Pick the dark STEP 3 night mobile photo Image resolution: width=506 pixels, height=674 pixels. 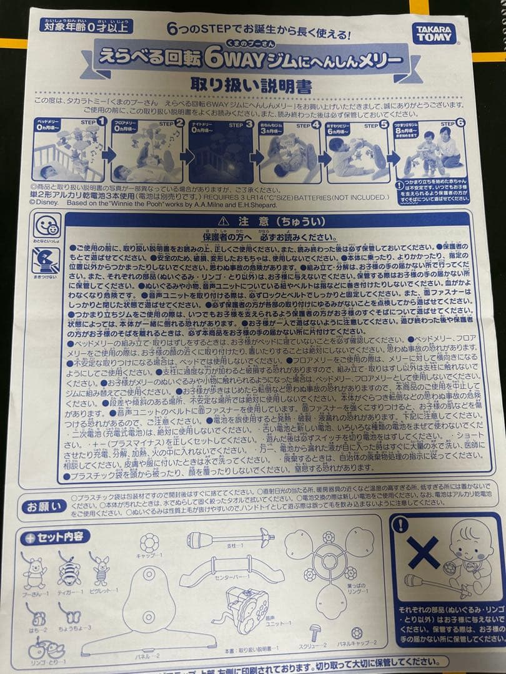point(221,152)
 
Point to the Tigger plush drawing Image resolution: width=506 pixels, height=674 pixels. point(69,569)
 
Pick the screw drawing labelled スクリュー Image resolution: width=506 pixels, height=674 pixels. point(315,631)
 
